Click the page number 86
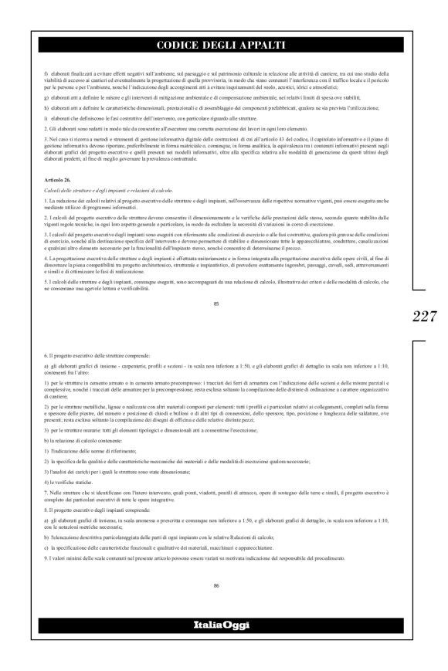(x=217, y=586)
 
